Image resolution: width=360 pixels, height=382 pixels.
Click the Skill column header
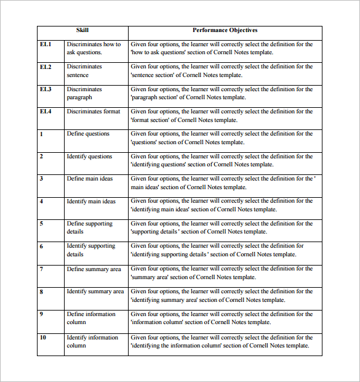pyautogui.click(x=82, y=30)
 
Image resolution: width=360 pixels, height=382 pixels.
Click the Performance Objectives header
pyautogui.click(x=225, y=30)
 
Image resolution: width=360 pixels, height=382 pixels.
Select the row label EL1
pyautogui.click(x=46, y=44)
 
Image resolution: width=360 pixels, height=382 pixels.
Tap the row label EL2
pyautogui.click(x=46, y=67)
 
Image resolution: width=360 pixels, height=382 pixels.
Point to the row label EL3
pyautogui.click(x=46, y=89)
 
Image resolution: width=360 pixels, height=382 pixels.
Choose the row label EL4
pyautogui.click(x=46, y=112)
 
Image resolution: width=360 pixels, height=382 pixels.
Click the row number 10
pyautogui.click(x=43, y=338)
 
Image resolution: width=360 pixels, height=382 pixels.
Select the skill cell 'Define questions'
pyautogui.click(x=88, y=134)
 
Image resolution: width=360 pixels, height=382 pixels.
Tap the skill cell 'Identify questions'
pyautogui.click(x=89, y=156)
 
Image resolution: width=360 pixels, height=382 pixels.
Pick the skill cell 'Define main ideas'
pyautogui.click(x=90, y=179)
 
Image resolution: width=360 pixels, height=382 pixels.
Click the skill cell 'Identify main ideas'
pyautogui.click(x=91, y=201)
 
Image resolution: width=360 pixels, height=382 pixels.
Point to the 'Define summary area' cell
pyautogui.click(x=94, y=269)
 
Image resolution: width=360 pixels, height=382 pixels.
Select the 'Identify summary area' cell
pyautogui.click(x=95, y=291)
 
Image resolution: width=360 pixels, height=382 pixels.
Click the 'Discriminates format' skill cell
pyautogui.click(x=94, y=112)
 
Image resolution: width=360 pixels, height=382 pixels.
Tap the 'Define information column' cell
pyautogui.click(x=90, y=318)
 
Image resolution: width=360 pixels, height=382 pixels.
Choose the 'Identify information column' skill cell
pyautogui.click(x=92, y=341)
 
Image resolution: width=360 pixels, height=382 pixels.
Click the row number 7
pyautogui.click(x=41, y=269)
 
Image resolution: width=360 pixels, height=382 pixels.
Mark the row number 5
pyautogui.click(x=41, y=224)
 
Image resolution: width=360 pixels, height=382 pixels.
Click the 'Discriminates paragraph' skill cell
pyautogui.click(x=84, y=93)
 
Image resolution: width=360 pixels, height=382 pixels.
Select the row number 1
pyautogui.click(x=41, y=134)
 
